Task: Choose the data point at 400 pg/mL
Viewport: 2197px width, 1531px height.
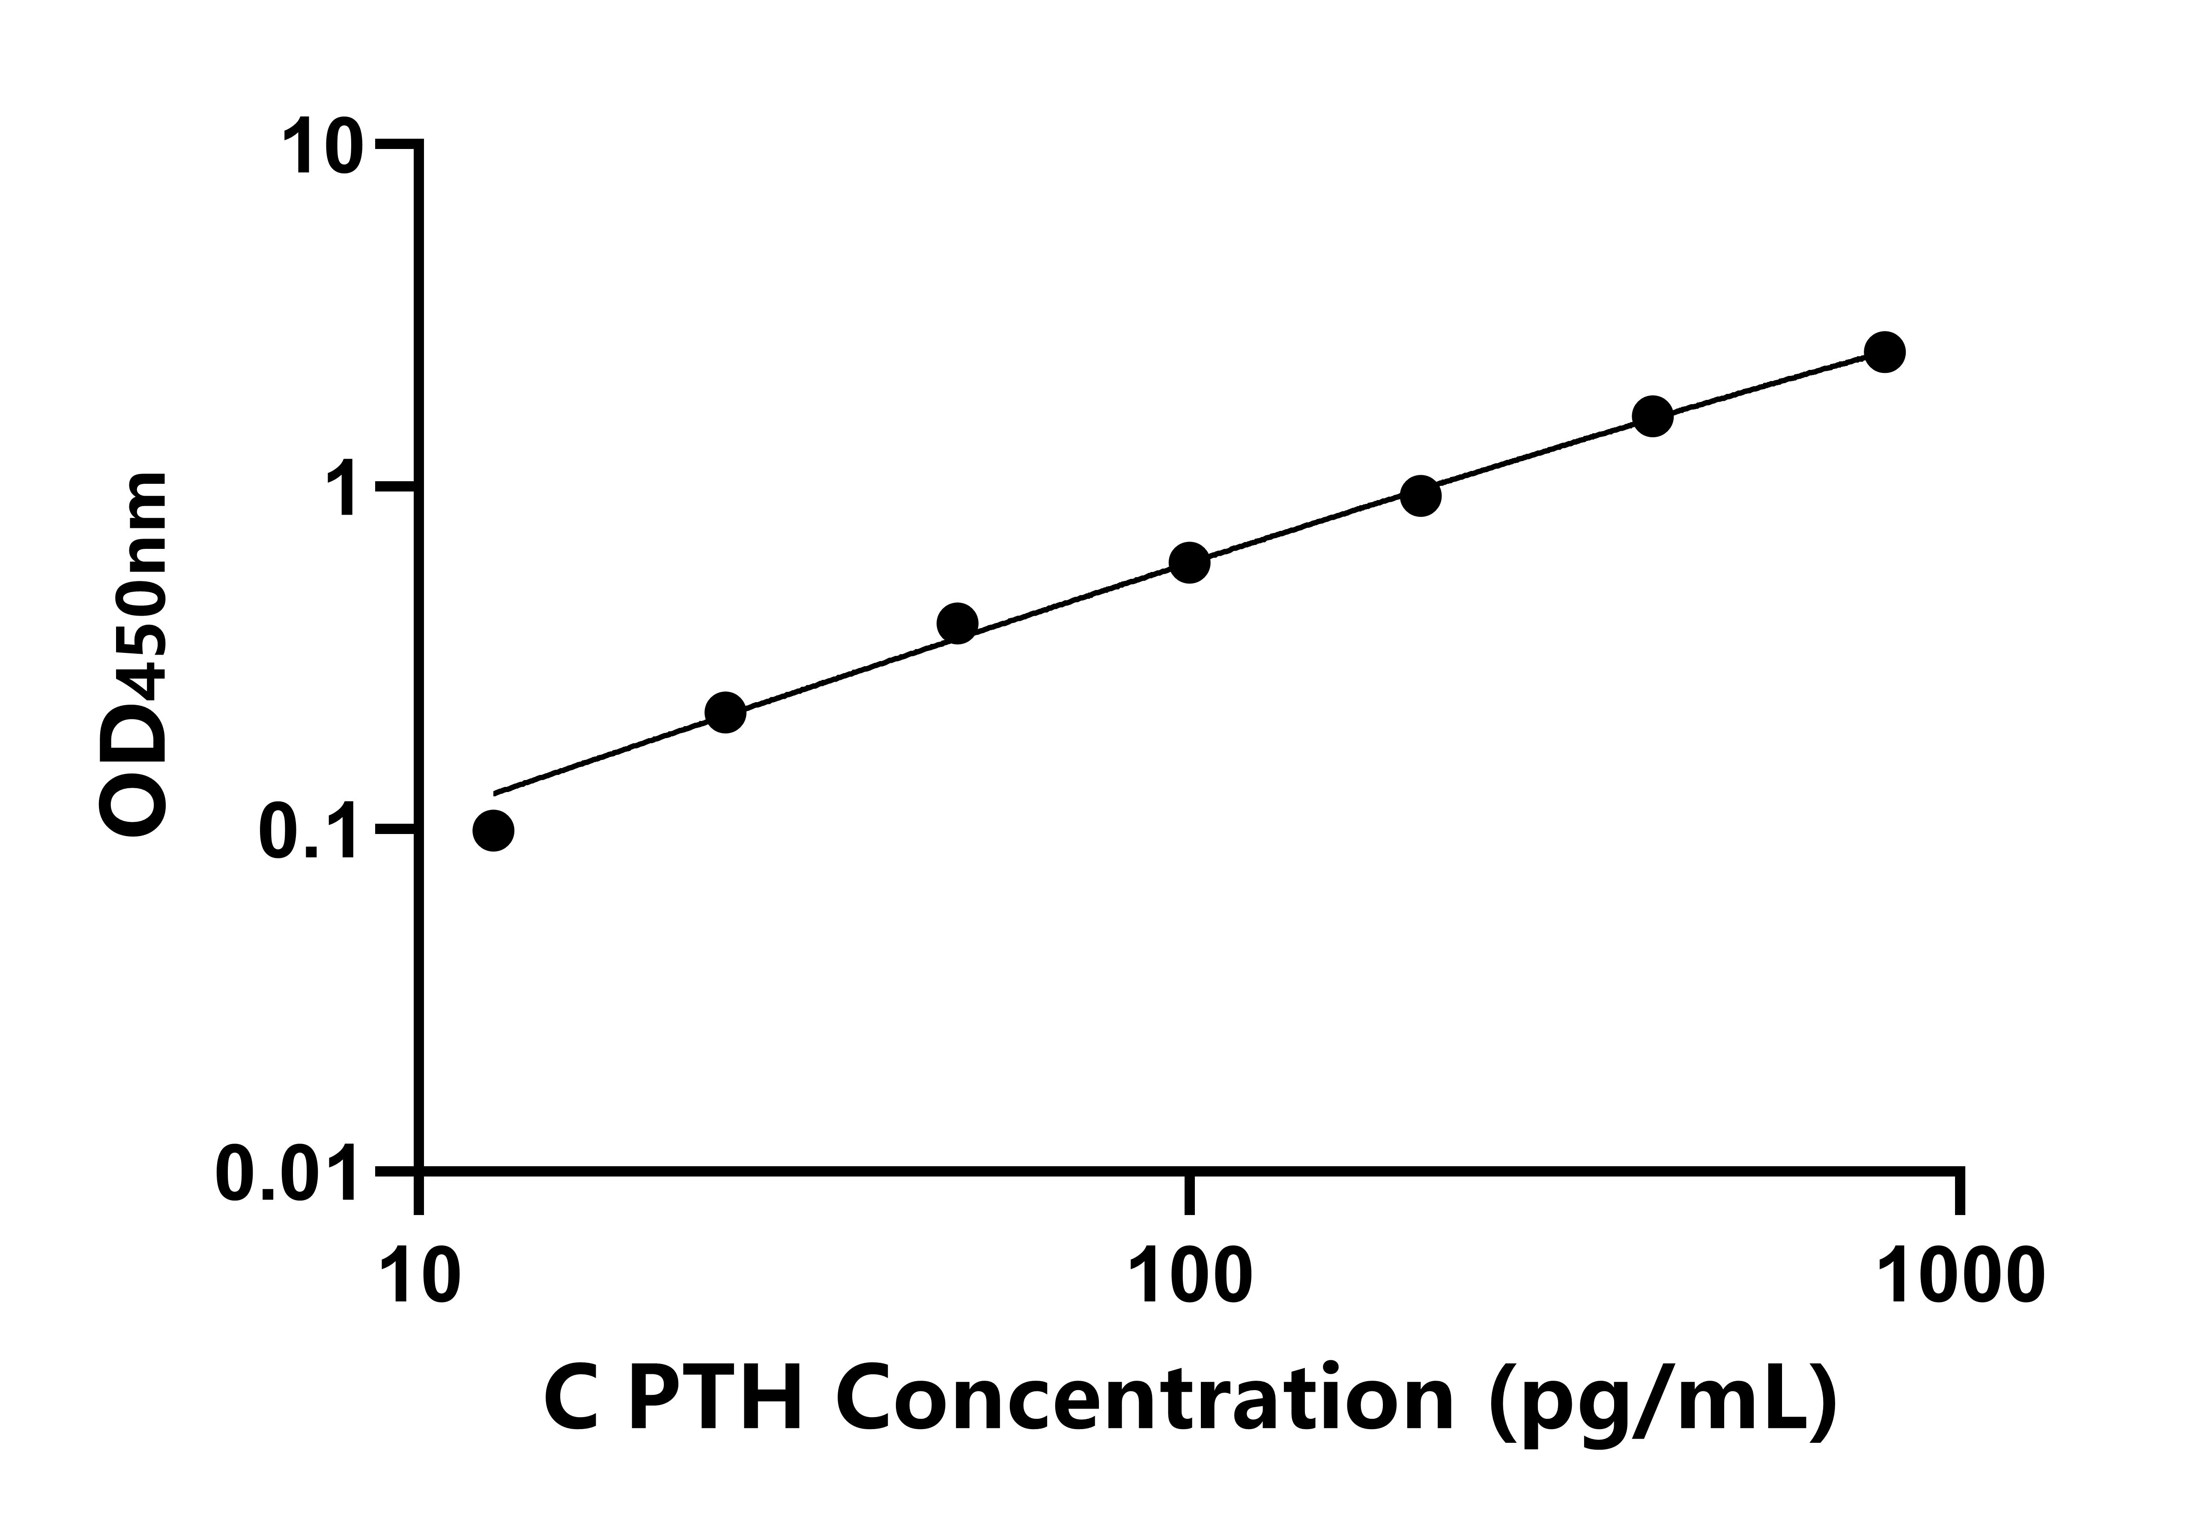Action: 1653,416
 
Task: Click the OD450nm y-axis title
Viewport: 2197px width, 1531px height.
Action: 134,655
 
